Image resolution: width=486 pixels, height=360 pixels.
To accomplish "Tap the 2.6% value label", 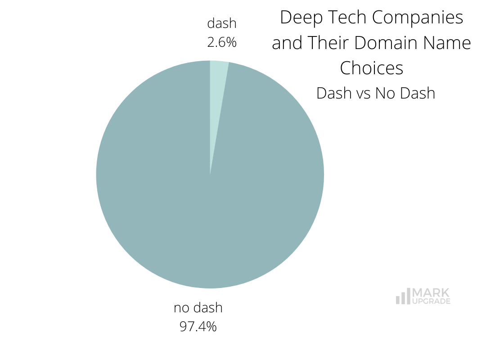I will click(x=222, y=42).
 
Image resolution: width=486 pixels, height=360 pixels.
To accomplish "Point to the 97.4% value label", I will click(x=198, y=326).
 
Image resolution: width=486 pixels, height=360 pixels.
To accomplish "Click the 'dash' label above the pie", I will click(x=222, y=23).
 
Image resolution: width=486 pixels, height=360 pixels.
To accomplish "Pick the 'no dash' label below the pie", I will click(x=198, y=308).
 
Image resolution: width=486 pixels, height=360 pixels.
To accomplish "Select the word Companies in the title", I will click(x=418, y=17).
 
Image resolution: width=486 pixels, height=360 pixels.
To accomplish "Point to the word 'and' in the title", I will click(x=287, y=43).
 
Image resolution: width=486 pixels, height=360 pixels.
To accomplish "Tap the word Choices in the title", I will click(x=371, y=68).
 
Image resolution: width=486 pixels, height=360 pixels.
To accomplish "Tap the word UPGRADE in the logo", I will click(x=431, y=301).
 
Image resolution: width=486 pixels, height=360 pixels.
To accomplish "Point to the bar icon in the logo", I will click(x=403, y=297).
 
